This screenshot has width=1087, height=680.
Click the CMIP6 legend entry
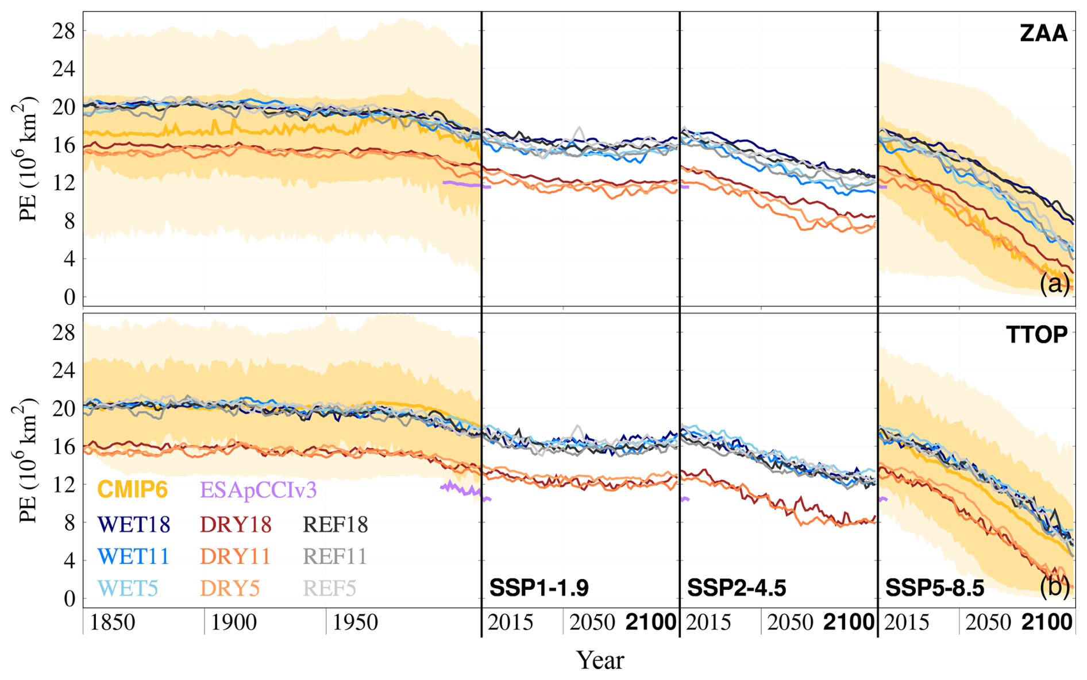click(132, 490)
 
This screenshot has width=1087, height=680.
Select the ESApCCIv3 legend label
click(258, 490)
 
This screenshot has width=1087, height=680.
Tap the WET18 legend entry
click(134, 524)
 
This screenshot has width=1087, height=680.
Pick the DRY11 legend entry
click(235, 556)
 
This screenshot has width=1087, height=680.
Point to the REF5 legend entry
click(329, 588)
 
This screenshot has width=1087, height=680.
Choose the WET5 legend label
click(128, 588)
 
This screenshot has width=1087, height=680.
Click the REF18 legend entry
click(335, 524)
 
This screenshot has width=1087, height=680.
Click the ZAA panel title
click(1043, 34)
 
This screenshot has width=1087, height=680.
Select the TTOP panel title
click(1036, 335)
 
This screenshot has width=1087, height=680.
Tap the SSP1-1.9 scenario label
click(538, 588)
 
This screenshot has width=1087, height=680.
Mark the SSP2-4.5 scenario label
click(737, 588)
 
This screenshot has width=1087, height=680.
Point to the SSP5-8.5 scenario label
click(935, 588)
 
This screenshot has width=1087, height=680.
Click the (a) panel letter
click(1054, 284)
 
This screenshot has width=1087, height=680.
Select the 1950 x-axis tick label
click(355, 623)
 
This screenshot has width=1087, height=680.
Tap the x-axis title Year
click(600, 660)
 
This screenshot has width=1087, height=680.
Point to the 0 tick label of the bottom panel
click(70, 598)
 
